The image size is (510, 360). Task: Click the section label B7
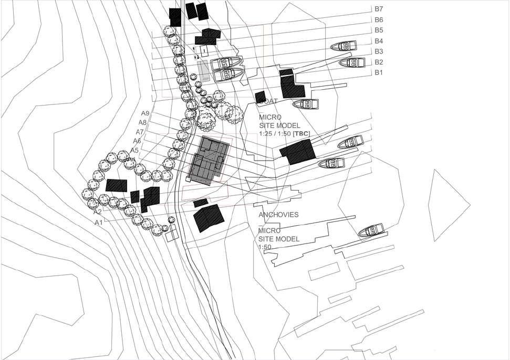[379, 9]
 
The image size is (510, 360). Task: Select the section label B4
[379, 41]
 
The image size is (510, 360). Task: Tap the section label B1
[379, 72]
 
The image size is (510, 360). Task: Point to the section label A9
[145, 113]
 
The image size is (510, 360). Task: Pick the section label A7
[140, 132]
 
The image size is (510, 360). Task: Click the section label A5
[134, 150]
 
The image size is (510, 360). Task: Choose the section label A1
[99, 223]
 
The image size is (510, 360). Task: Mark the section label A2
[97, 212]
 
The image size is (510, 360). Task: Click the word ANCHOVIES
[278, 215]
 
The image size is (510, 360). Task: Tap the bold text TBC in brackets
[301, 134]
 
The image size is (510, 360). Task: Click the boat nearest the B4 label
[344, 46]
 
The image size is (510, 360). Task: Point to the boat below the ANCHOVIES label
[370, 230]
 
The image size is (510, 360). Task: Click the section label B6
[379, 19]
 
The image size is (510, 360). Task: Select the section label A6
[137, 141]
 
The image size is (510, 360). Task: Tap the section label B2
[379, 62]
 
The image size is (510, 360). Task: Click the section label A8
[142, 122]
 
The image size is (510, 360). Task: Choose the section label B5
[379, 30]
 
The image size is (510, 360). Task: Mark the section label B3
[379, 51]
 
